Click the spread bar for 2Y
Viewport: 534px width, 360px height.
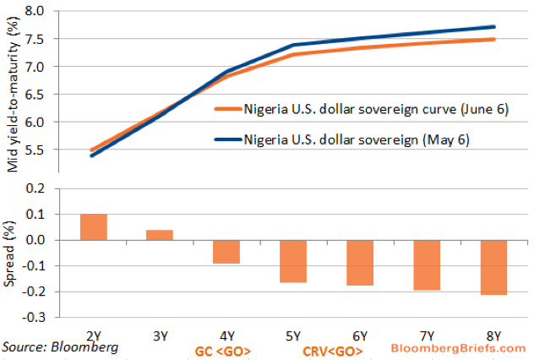[x=93, y=226]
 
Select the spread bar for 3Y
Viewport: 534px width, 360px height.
[x=159, y=234]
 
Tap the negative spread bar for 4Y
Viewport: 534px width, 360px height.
[x=226, y=252]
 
